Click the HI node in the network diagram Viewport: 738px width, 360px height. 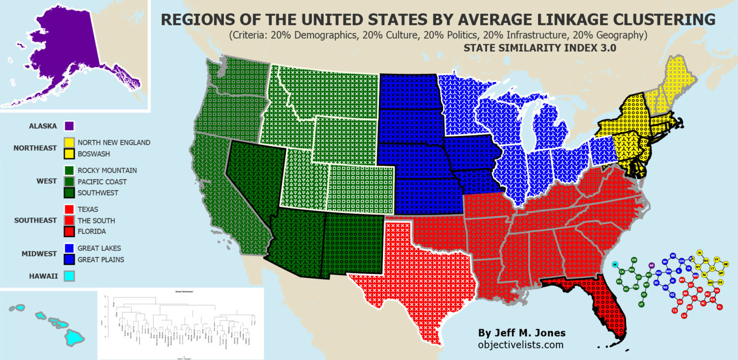point(615,264)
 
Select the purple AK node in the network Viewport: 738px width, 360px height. point(652,265)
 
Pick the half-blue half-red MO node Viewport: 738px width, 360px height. point(695,276)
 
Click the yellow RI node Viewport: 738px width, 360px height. point(700,252)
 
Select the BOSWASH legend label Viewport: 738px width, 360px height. point(93,154)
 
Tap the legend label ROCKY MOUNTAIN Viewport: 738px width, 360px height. point(107,170)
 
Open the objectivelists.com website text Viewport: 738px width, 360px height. point(520,345)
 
